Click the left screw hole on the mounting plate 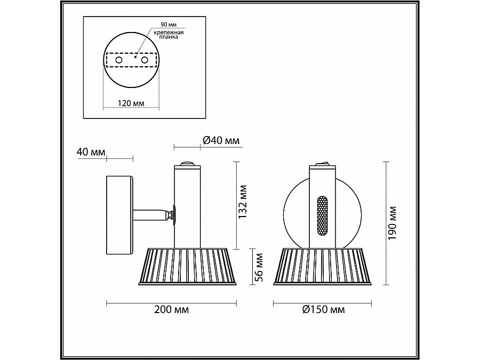tap(119, 61)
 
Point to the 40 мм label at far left tap(91, 153)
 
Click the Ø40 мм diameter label tap(221, 141)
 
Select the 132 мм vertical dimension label tap(243, 202)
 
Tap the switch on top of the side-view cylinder tap(187, 164)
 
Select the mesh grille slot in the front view tap(322, 216)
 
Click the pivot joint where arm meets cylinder tap(172, 215)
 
